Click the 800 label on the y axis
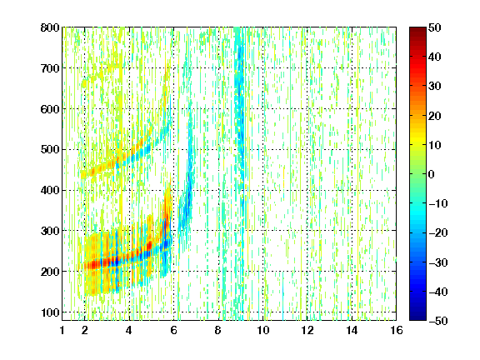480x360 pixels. coord(50,27)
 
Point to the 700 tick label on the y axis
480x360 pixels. coord(50,68)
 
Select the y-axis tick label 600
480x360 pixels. coord(50,109)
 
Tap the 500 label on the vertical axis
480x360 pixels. coord(50,150)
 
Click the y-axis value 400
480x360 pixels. coord(50,190)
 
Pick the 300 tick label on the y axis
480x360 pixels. coord(50,231)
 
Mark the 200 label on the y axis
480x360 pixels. coord(50,272)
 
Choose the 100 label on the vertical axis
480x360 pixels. coord(50,312)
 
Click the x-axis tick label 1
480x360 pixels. coord(62,330)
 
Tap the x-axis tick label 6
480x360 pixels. coord(173,330)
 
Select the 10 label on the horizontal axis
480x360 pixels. coord(262,330)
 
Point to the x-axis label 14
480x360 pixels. coord(352,330)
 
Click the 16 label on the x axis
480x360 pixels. coord(397,330)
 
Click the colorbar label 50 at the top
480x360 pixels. coord(434,27)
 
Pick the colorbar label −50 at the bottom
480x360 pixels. coord(438,321)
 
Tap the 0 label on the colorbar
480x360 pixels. coord(432,174)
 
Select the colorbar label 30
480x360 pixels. coord(434,87)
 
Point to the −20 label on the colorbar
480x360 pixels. coord(438,233)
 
